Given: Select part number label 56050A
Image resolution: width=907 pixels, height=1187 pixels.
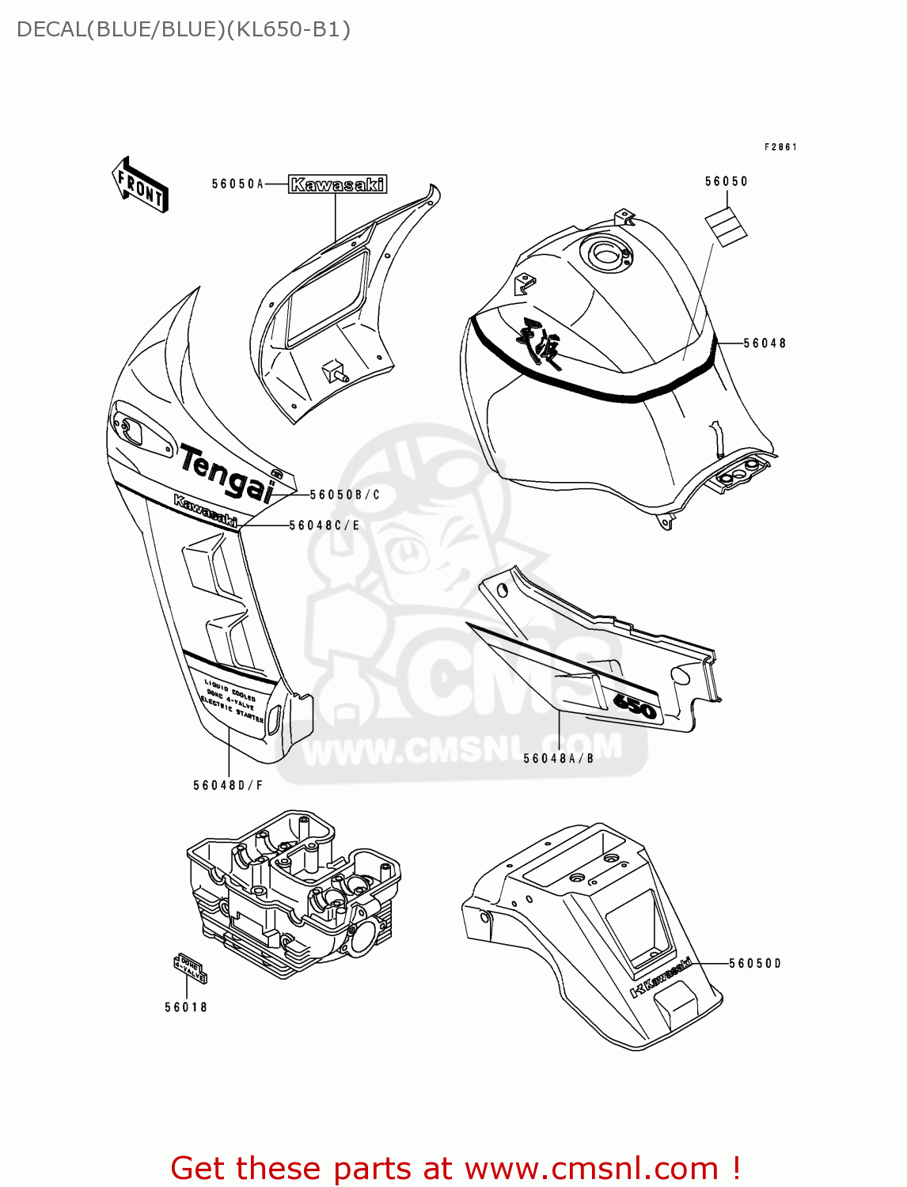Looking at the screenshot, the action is point(237,184).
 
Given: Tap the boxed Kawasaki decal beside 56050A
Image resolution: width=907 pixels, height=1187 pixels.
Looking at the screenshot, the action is point(337,184).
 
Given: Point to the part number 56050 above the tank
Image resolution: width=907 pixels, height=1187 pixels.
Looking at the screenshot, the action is point(726,181).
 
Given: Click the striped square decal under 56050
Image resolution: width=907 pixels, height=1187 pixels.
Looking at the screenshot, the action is point(727,225).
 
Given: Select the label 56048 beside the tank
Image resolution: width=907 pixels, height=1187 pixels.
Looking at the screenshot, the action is point(765,343).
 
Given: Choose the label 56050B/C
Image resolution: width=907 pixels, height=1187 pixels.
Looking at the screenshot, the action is point(344,495).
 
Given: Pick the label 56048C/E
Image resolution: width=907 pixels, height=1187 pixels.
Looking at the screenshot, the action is point(324,525).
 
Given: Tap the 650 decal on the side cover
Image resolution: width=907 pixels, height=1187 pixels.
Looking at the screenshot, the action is point(636,707).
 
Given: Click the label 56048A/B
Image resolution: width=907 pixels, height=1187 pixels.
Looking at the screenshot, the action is point(558,758).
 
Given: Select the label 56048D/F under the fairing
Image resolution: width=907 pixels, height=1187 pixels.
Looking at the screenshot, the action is point(228,785).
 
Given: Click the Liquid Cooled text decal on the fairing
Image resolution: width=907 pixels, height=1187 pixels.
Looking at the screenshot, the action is point(233,700).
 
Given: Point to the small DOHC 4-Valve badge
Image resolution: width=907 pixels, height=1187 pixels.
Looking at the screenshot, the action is point(190,969).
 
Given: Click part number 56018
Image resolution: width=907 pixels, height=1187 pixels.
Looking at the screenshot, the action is point(186,1007).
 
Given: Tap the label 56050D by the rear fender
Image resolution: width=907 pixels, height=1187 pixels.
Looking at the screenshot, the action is point(754,963).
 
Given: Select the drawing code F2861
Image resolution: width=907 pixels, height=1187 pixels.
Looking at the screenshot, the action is point(780,147).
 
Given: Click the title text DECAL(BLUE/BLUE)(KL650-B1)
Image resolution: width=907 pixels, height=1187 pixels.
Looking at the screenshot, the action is point(183,29).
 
